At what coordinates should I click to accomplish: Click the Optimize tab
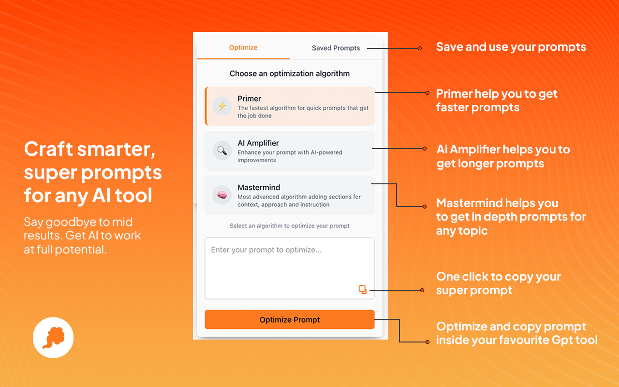pos(243,47)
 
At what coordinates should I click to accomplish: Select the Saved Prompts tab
pos(336,48)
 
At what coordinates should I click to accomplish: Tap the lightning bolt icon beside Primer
pos(222,106)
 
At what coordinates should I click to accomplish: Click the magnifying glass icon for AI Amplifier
pos(222,150)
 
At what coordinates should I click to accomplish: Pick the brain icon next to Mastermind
pos(222,195)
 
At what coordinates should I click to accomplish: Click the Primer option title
pos(249,99)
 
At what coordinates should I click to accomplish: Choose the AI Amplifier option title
pos(258,143)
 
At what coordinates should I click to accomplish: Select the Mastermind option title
pos(259,187)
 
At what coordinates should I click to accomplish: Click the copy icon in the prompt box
pos(363,289)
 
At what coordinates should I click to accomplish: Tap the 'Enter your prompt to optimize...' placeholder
pos(266,250)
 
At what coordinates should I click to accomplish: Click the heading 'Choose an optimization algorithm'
pos(290,74)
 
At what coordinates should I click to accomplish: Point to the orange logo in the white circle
pos(54,338)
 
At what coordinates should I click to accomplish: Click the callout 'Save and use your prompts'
pos(511,47)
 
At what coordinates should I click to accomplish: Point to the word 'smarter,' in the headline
pos(116,149)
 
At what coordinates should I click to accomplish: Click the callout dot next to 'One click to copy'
pos(422,290)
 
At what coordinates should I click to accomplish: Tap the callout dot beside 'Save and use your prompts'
pos(419,48)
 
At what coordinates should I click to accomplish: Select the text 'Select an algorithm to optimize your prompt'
pos(290,226)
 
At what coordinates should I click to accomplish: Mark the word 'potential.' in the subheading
pos(81,250)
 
